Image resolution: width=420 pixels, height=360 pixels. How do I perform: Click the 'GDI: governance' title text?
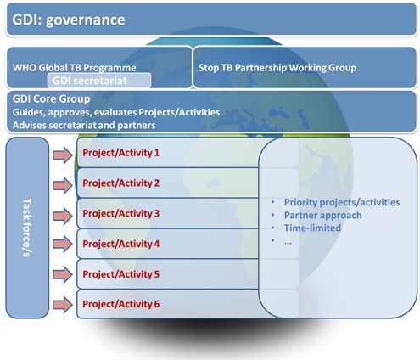point(69,20)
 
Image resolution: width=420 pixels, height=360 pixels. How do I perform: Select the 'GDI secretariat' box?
point(99,81)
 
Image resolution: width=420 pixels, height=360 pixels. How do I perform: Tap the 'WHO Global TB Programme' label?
point(74,68)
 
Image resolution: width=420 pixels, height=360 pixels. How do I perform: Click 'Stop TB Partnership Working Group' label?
point(277,68)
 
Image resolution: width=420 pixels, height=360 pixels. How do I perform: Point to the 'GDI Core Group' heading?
point(51,98)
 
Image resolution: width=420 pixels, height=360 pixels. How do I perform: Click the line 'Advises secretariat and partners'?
point(84,125)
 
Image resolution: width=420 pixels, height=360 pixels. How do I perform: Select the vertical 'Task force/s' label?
point(27,228)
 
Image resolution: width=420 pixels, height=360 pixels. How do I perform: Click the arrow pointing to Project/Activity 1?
point(63,155)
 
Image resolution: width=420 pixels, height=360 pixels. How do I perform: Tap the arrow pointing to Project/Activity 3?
point(63,216)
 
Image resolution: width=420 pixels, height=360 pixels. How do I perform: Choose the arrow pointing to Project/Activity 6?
point(63,305)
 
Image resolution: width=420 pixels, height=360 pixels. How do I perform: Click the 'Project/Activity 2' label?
point(121,183)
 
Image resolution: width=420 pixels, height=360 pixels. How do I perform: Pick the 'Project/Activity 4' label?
point(121,244)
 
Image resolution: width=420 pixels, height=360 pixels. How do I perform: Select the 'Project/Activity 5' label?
point(121,274)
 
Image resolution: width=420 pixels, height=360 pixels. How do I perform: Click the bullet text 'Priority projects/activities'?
point(342,202)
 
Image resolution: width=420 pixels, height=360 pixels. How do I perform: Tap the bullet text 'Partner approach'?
point(323,215)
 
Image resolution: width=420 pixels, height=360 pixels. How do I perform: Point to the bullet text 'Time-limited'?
point(312,228)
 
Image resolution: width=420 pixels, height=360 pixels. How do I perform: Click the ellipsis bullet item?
point(288,243)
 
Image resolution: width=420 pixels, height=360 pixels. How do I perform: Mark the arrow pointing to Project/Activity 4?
point(63,244)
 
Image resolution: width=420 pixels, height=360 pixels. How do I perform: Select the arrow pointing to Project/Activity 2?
point(63,185)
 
